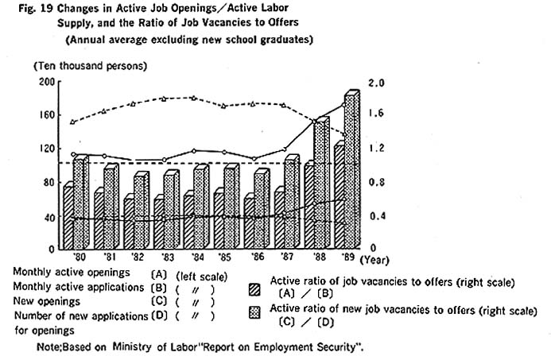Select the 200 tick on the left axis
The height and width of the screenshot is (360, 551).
tap(46, 81)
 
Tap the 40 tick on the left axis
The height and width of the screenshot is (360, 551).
tap(48, 216)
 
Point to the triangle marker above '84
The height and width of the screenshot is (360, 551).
tap(192, 98)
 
